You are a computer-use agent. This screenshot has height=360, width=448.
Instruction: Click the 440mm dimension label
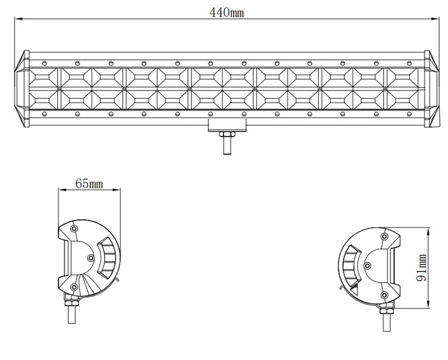pos(227,12)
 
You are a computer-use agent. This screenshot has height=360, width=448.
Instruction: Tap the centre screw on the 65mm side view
pos(91,258)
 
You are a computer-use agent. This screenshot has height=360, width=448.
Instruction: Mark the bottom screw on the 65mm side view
pos(74,287)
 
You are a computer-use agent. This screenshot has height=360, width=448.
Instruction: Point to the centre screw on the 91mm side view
pos(367,265)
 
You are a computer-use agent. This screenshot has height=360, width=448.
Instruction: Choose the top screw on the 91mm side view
pos(384,236)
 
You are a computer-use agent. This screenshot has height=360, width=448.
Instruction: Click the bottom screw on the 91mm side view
pos(384,295)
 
